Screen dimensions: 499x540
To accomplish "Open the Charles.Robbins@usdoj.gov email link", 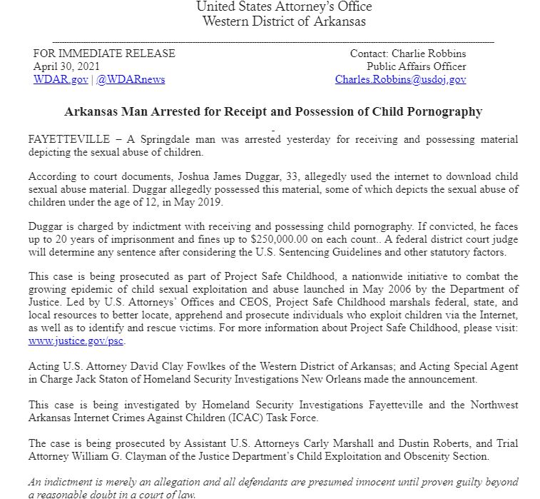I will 400,79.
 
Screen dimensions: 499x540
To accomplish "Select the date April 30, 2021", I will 61,66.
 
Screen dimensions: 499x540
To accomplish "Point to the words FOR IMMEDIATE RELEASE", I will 104,54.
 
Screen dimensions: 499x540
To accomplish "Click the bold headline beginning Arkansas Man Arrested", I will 273,111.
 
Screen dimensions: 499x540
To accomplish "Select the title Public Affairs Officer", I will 417,66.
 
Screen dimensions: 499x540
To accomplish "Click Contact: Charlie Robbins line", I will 407,54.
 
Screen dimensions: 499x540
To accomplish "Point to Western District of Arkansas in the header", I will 284,21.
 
